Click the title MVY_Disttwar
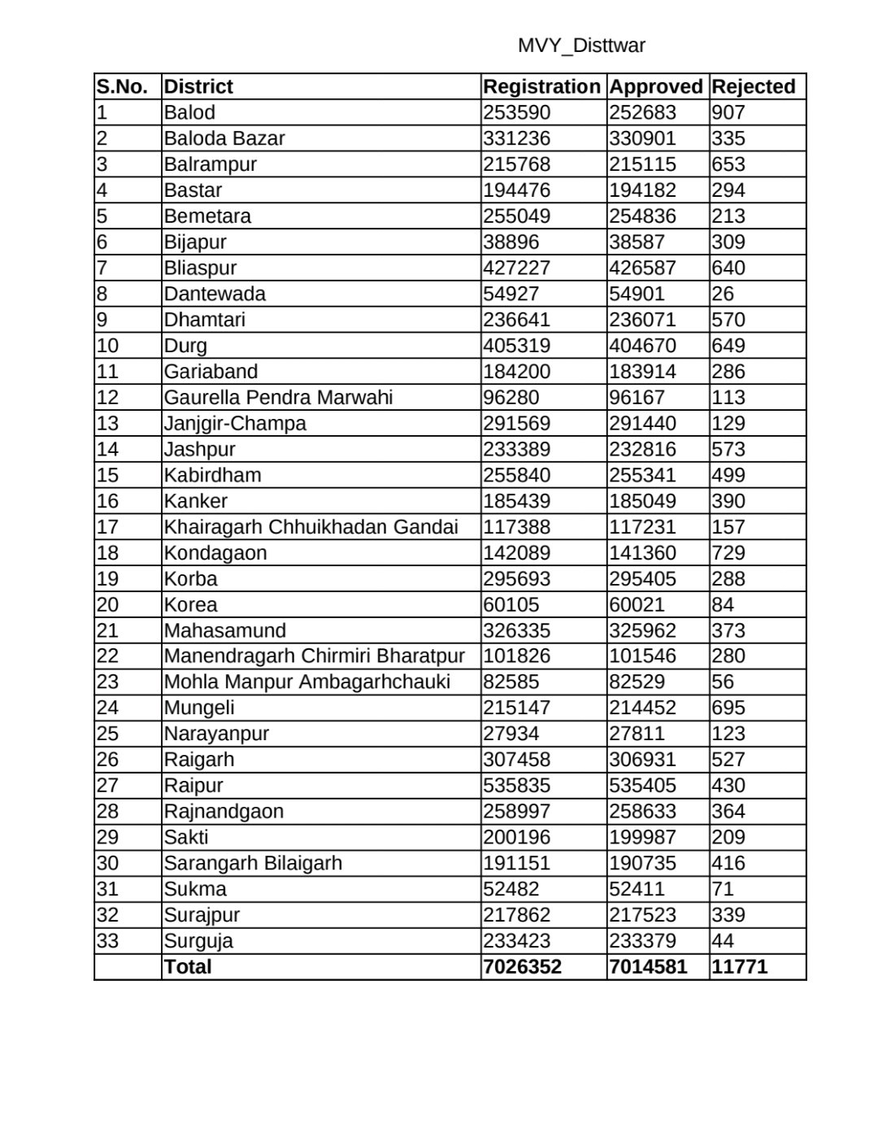[x=581, y=46]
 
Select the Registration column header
[x=541, y=87]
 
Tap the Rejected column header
[x=753, y=87]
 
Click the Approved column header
[x=656, y=87]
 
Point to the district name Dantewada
[x=215, y=294]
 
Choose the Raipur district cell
[x=193, y=785]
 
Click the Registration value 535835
[x=517, y=785]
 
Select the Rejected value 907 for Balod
[x=728, y=112]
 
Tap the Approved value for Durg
[x=642, y=346]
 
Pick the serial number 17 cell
[x=107, y=527]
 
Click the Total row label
[x=188, y=966]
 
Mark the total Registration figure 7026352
[x=523, y=966]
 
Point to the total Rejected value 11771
[x=740, y=966]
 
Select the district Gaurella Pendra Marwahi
[x=278, y=398]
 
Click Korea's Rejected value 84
[x=723, y=604]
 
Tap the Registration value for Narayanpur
[x=511, y=733]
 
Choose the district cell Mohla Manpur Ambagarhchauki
[x=307, y=682]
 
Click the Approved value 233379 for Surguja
[x=642, y=940]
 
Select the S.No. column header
[x=122, y=87]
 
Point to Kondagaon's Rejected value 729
[x=728, y=553]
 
